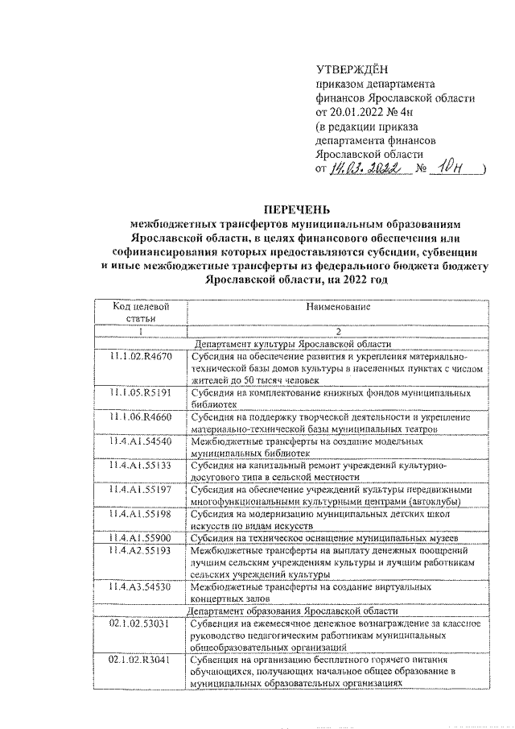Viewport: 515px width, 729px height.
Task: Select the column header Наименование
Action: click(x=337, y=307)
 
